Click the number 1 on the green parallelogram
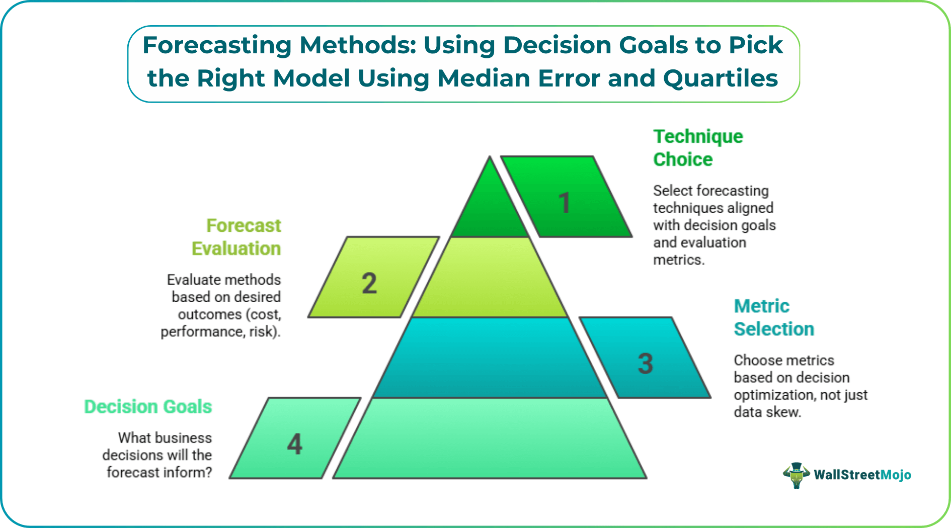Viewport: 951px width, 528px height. pyautogui.click(x=565, y=203)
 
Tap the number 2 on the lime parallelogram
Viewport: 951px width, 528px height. pyautogui.click(x=369, y=283)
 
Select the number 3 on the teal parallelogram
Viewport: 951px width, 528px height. pyautogui.click(x=646, y=364)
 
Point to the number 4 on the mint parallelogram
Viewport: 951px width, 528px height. pyautogui.click(x=295, y=444)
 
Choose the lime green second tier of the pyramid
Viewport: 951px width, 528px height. pyautogui.click(x=490, y=279)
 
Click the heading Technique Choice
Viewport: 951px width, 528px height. pyautogui.click(x=697, y=148)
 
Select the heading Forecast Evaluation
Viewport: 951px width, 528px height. pyautogui.click(x=236, y=237)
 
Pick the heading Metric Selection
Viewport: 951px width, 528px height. pyautogui.click(x=773, y=317)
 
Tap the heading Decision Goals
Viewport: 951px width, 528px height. pyautogui.click(x=148, y=406)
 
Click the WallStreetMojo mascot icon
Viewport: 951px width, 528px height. pyautogui.click(x=796, y=475)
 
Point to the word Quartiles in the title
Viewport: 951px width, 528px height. pyautogui.click(x=721, y=78)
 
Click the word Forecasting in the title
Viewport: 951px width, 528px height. pyautogui.click(x=217, y=45)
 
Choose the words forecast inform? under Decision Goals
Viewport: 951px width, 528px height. pyautogui.click(x=159, y=473)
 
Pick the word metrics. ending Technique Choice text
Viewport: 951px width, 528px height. pyautogui.click(x=678, y=260)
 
